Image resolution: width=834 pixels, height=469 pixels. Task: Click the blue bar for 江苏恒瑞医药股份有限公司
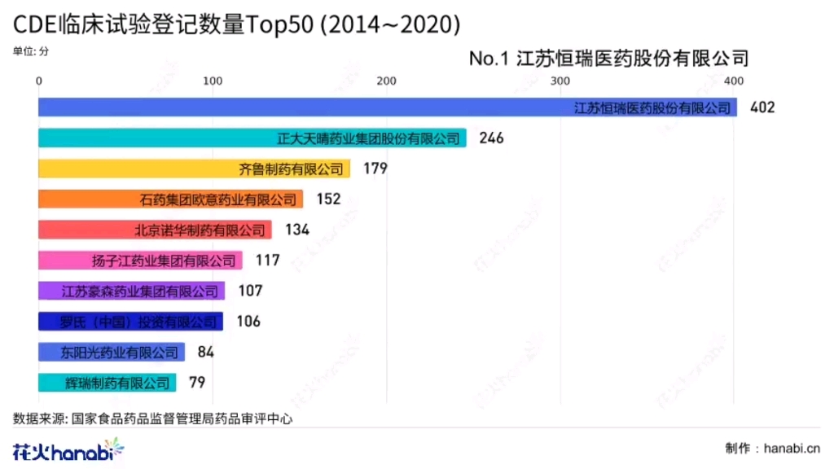(x=388, y=107)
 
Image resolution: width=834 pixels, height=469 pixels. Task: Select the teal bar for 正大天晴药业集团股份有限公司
(x=252, y=138)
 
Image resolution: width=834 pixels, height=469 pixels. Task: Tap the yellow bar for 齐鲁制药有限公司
(x=194, y=169)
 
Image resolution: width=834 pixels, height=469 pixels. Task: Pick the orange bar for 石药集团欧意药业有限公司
(x=171, y=199)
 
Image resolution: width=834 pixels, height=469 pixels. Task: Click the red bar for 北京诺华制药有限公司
(x=155, y=230)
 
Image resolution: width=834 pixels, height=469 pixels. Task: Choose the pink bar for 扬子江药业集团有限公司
(x=140, y=261)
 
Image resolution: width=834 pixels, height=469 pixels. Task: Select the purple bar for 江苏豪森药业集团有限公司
(x=131, y=291)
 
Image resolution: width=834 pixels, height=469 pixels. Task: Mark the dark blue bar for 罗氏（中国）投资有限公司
(x=130, y=322)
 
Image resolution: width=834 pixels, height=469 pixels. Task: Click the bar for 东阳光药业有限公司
(x=112, y=352)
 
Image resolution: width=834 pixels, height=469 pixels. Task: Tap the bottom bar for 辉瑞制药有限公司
(x=107, y=383)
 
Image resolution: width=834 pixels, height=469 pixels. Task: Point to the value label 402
(x=762, y=107)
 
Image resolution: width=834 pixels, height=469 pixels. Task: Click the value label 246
(x=492, y=138)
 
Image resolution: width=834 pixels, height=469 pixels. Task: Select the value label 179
(x=375, y=169)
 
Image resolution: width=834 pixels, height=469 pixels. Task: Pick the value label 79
(x=197, y=383)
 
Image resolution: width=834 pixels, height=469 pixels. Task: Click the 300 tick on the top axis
(x=560, y=81)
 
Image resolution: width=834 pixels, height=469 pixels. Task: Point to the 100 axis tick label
(x=213, y=81)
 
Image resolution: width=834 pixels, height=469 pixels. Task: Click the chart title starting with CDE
(x=236, y=25)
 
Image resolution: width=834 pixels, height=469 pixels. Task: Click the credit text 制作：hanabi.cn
(x=772, y=449)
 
